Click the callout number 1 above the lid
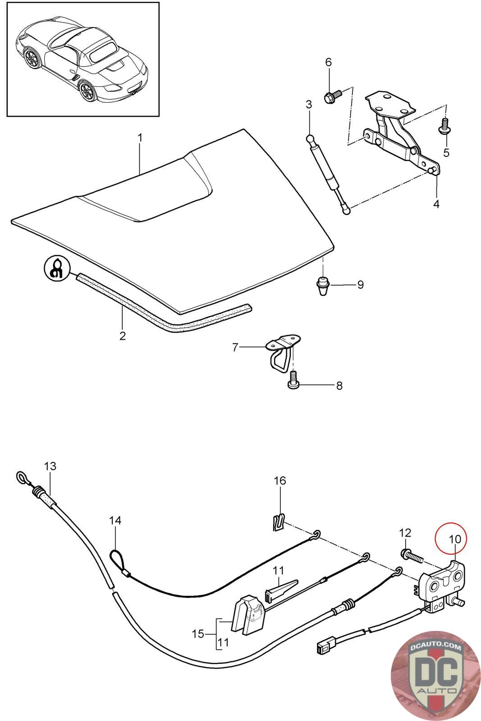point(140,138)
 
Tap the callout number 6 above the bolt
point(328,62)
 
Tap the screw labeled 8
point(293,380)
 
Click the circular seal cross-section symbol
point(57,268)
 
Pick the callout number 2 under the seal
point(122,336)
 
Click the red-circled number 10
point(454,539)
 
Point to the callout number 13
point(50,466)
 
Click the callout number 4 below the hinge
point(436,204)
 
